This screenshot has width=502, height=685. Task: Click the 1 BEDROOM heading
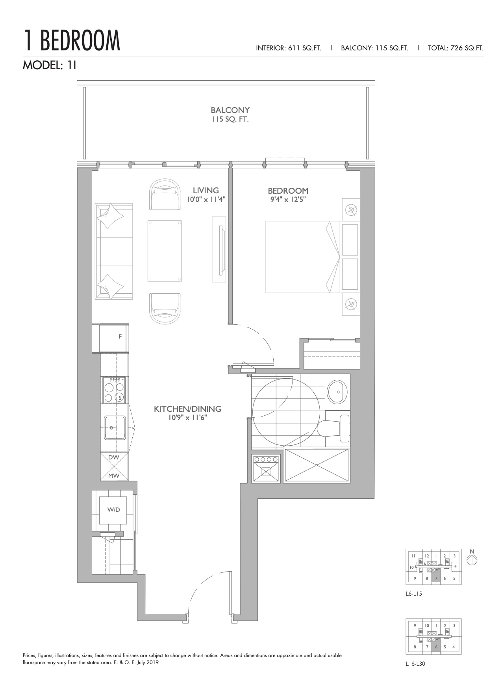click(72, 41)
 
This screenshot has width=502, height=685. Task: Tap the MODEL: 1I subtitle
click(50, 65)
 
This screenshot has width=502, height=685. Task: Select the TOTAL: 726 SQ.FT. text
click(456, 48)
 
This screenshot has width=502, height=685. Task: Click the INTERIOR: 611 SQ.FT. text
click(289, 48)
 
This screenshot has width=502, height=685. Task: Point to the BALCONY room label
click(230, 110)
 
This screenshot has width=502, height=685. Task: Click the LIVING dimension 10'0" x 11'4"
click(206, 199)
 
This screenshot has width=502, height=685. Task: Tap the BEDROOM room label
click(288, 191)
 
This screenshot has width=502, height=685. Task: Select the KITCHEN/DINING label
click(187, 409)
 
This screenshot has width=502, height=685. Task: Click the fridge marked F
click(113, 338)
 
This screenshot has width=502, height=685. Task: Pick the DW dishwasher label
click(114, 457)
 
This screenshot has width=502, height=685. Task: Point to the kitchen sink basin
click(115, 428)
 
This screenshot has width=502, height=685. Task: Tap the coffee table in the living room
click(165, 251)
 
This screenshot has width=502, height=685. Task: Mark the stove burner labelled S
click(120, 397)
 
